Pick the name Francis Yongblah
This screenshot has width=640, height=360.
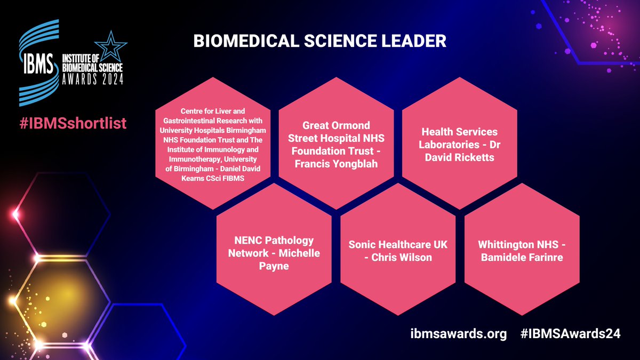coord(336,164)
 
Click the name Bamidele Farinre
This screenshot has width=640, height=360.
coord(522,258)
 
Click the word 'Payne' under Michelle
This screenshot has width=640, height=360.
coord(274,266)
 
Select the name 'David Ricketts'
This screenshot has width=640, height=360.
coord(459,158)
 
